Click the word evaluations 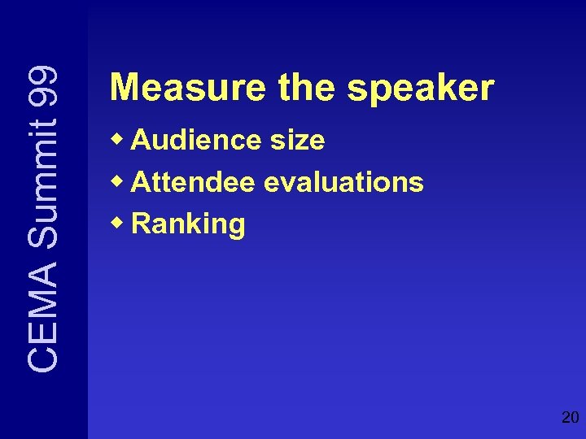(344, 182)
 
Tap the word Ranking (188, 224)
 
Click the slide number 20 (570, 418)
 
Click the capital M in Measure (123, 88)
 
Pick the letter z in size (304, 142)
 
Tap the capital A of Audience (141, 141)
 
